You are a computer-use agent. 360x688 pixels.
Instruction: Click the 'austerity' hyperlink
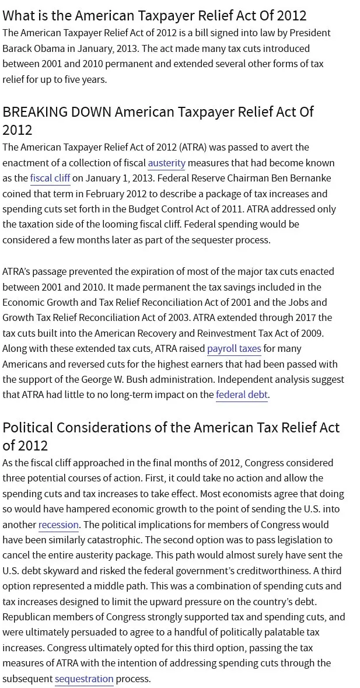point(166,163)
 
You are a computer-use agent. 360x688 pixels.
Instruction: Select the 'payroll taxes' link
point(234,348)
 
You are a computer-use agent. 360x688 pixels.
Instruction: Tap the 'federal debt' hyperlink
point(242,394)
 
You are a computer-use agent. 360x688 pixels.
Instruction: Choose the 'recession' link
point(58,525)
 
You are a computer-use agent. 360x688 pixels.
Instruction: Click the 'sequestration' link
point(84,679)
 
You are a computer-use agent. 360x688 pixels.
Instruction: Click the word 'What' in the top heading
point(19,15)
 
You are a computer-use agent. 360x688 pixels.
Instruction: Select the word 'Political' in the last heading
point(36,427)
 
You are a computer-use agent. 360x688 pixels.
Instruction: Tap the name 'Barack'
point(18,48)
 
